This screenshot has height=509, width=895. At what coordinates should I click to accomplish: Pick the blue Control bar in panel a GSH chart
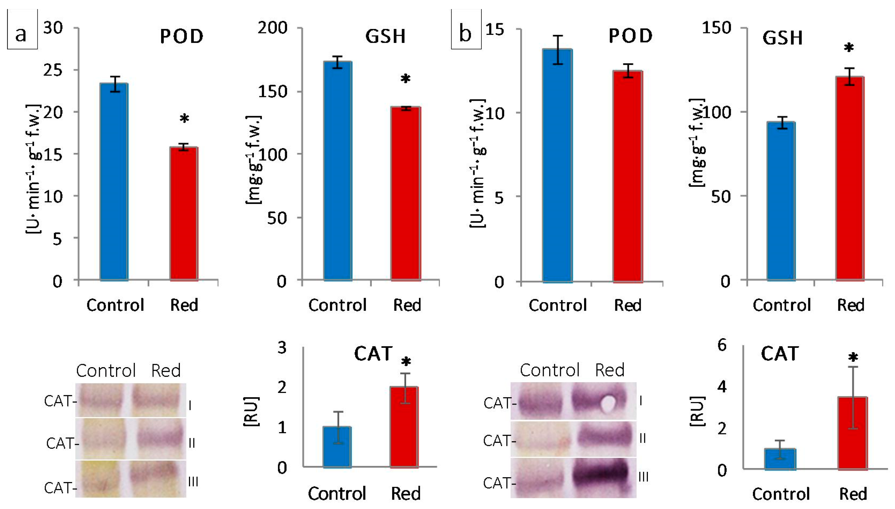337,171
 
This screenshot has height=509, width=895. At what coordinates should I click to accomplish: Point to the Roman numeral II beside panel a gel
191,443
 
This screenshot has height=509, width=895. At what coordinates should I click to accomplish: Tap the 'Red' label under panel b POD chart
628,305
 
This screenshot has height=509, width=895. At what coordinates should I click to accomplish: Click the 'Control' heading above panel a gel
106,371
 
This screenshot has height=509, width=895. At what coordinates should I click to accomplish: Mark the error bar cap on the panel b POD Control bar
558,36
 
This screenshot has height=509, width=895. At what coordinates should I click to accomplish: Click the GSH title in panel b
782,38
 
